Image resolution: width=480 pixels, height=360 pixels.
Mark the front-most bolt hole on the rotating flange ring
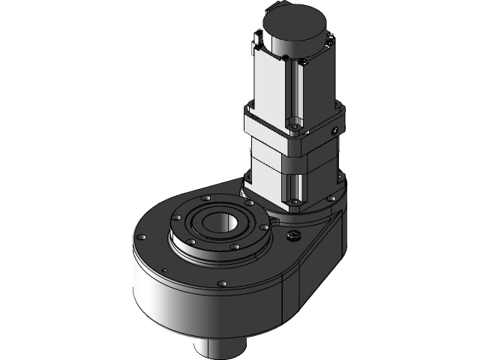(235, 246)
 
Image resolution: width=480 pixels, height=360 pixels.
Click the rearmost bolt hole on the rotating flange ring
(204, 198)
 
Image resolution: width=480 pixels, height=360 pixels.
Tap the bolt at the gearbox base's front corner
(296, 201)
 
